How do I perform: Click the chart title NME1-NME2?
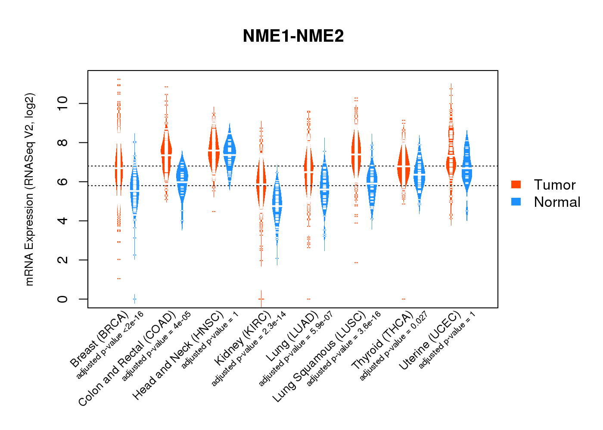click(293, 36)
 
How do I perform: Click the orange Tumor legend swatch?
click(516, 184)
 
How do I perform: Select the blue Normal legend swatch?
click(516, 202)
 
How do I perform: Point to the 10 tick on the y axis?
click(63, 103)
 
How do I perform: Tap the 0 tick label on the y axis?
click(63, 299)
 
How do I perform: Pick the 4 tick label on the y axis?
click(63, 221)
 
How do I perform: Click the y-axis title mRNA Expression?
click(29, 189)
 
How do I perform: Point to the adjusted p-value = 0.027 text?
click(394, 346)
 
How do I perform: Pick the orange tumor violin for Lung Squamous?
click(356, 155)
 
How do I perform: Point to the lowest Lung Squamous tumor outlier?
click(356, 262)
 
